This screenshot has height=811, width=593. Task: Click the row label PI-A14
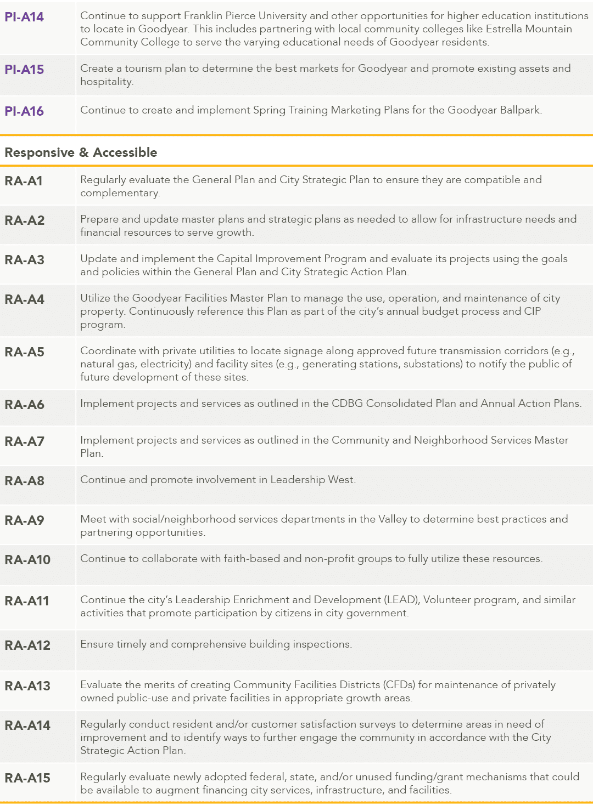click(24, 17)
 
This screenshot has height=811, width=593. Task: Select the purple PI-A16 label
click(24, 111)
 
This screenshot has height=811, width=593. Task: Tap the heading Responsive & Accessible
click(81, 152)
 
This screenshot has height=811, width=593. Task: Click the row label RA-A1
click(24, 181)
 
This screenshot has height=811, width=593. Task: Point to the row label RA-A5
click(24, 352)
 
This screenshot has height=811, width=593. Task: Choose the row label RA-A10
click(27, 560)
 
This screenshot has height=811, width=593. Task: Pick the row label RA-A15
click(27, 778)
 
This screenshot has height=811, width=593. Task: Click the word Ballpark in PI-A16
click(521, 110)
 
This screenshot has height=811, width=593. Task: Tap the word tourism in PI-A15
click(144, 69)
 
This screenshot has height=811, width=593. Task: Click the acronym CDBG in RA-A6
click(347, 404)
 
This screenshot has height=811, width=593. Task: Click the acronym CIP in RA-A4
click(532, 311)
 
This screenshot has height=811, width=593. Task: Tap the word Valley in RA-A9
click(392, 519)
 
